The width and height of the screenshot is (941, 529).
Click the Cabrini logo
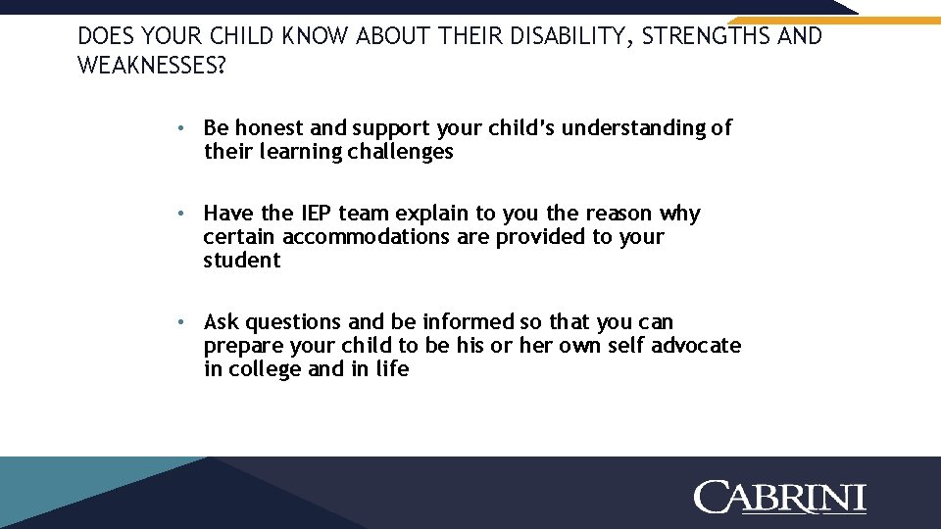click(x=780, y=497)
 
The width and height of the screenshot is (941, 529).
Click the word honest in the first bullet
click(x=270, y=128)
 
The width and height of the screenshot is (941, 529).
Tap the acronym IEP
click(x=316, y=214)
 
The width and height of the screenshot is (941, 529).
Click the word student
click(x=242, y=261)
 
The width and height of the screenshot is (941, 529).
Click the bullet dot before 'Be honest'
click(x=182, y=128)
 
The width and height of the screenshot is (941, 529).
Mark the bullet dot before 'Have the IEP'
click(x=182, y=214)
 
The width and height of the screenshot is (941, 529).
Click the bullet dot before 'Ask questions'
click(x=182, y=322)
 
